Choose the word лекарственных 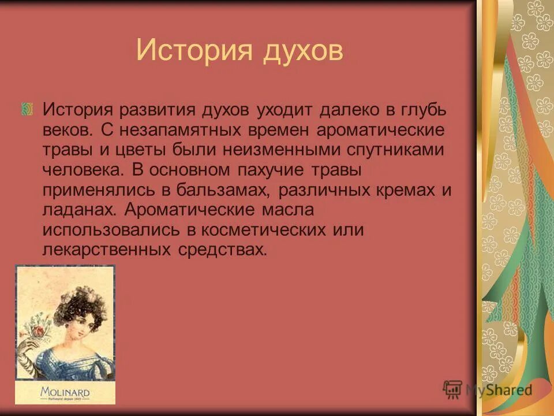pos(106,250)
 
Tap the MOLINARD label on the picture pos(65,392)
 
